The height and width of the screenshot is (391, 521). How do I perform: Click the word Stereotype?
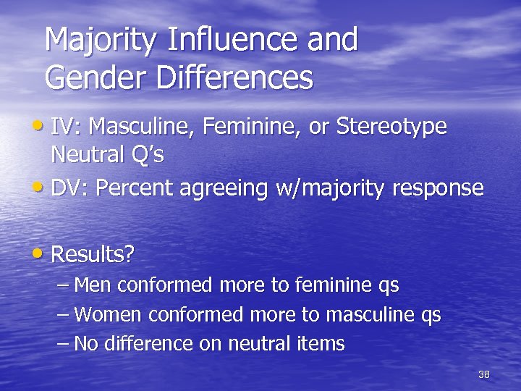coord(391,127)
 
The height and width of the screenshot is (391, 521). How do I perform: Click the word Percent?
coord(136,188)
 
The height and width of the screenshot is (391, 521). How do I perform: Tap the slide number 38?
coord(484,374)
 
